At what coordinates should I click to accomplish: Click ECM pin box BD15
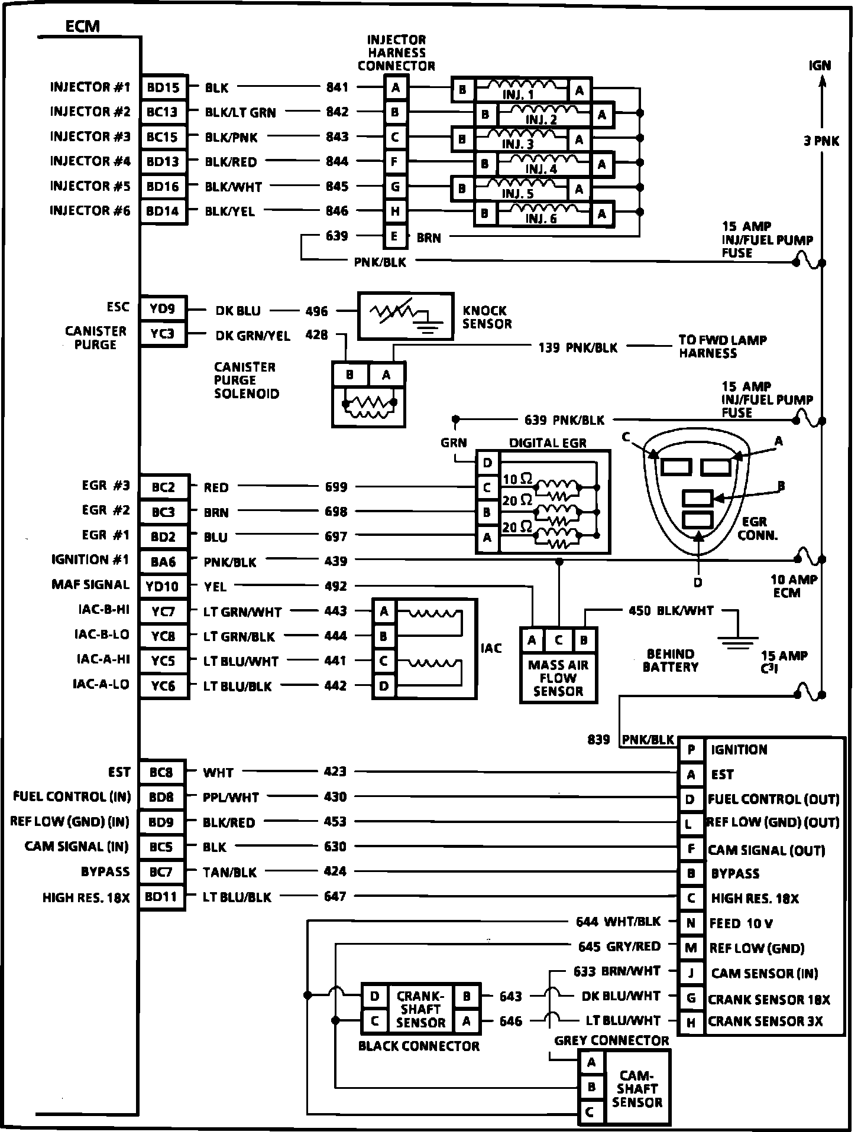coord(163,88)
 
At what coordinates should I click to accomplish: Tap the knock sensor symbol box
coord(406,315)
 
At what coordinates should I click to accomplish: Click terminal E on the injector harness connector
coord(394,237)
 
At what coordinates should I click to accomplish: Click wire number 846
coord(337,211)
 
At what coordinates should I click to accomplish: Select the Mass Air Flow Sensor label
coord(558,678)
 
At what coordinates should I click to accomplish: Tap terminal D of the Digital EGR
coord(487,463)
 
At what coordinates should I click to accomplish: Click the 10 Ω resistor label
coord(517,478)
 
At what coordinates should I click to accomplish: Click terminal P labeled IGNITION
coord(691,750)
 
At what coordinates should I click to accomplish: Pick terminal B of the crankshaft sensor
coord(467,996)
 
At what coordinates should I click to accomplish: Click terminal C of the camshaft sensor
coord(590,1113)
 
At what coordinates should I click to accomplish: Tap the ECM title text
coord(82,26)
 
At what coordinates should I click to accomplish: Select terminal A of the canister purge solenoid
coord(386,375)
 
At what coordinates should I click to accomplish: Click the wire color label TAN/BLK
coord(230,872)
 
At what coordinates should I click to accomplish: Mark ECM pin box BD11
coord(162,896)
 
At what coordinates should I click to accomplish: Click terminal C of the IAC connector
coord(384,661)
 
